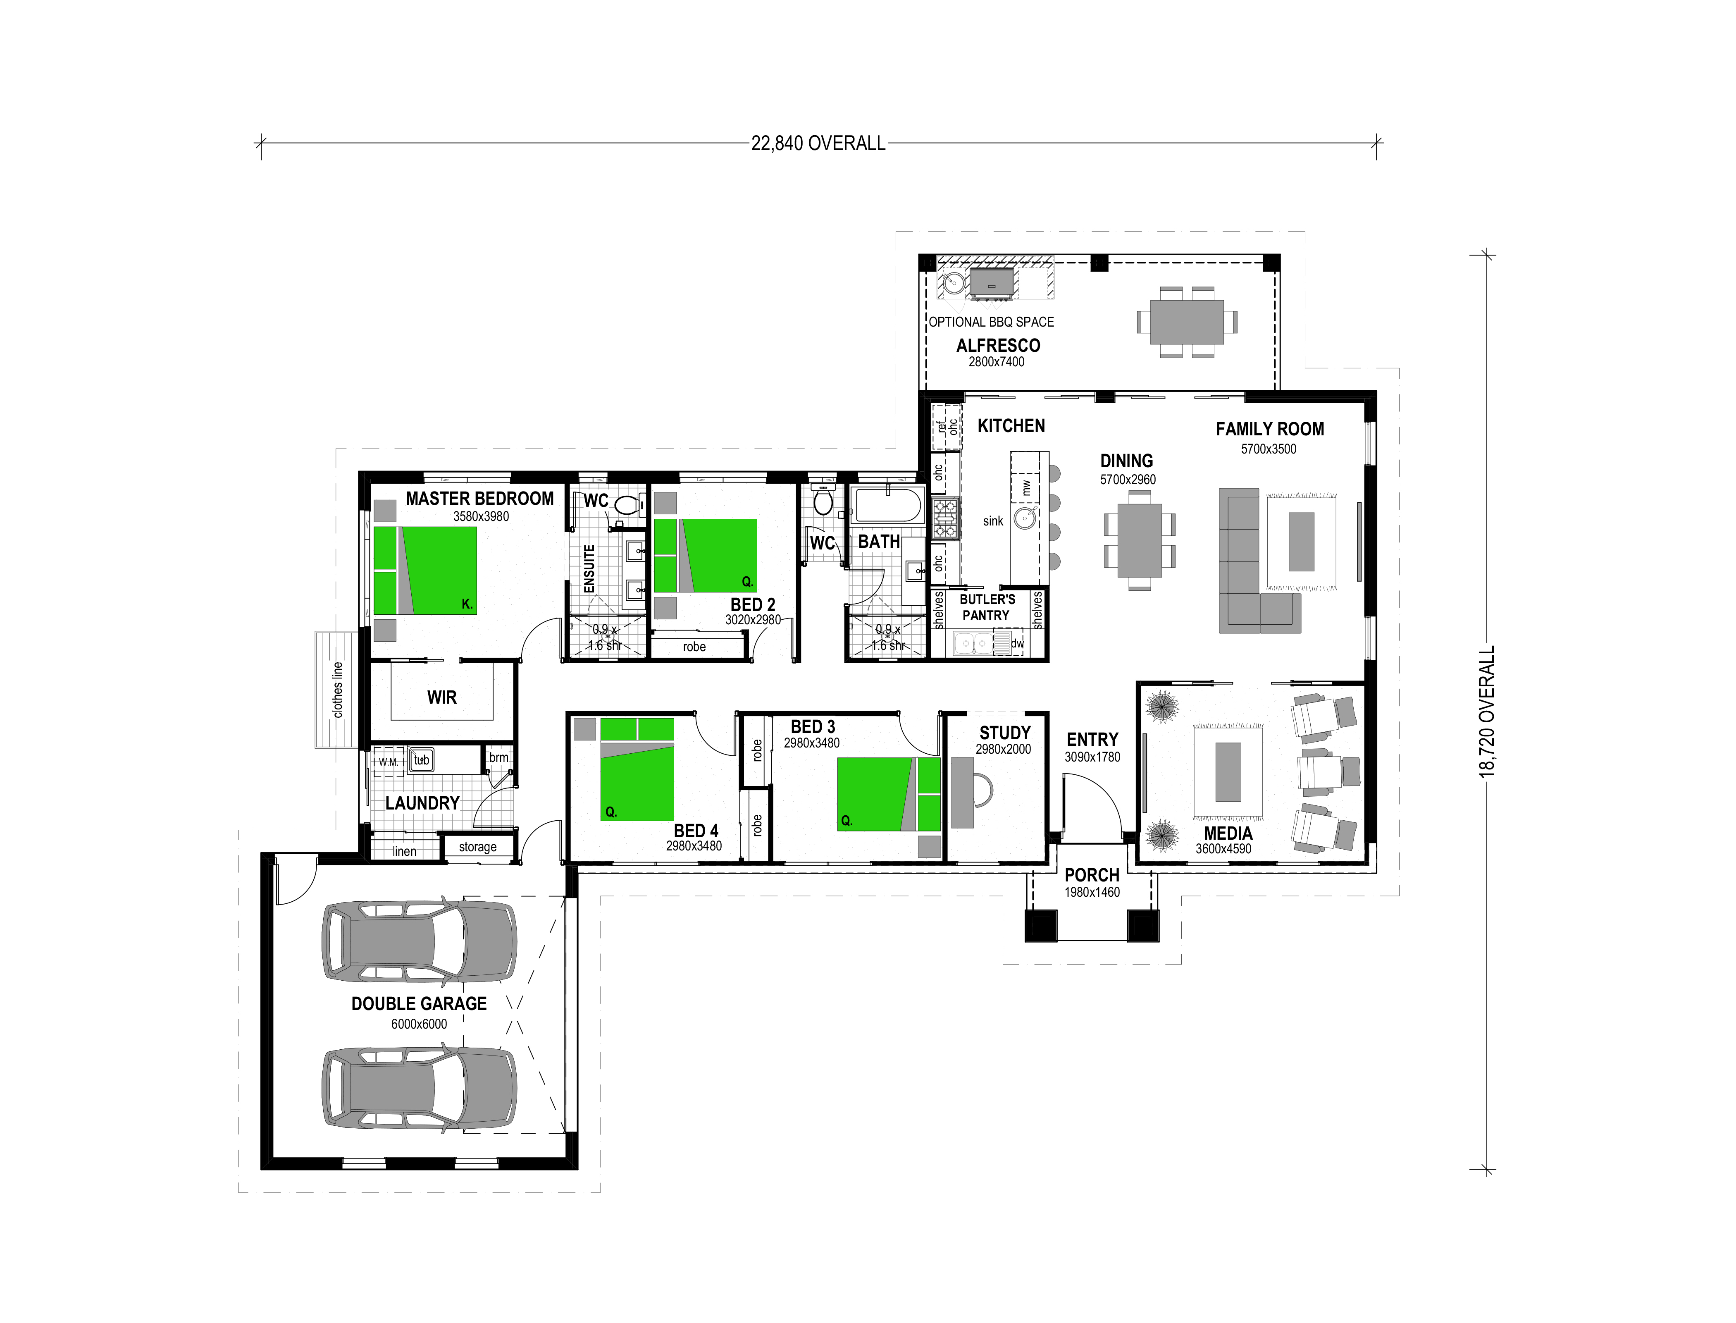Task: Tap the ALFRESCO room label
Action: point(997,346)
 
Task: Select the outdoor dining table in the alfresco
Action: point(1186,322)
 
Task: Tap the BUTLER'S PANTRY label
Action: point(987,607)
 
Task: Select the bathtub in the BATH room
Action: point(888,506)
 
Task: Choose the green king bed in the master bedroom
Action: point(426,570)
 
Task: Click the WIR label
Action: point(442,697)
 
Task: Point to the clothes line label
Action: point(338,689)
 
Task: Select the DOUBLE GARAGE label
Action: point(419,1003)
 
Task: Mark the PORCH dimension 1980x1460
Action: point(1092,892)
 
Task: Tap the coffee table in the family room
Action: point(1301,542)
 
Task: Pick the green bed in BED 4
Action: point(637,769)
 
